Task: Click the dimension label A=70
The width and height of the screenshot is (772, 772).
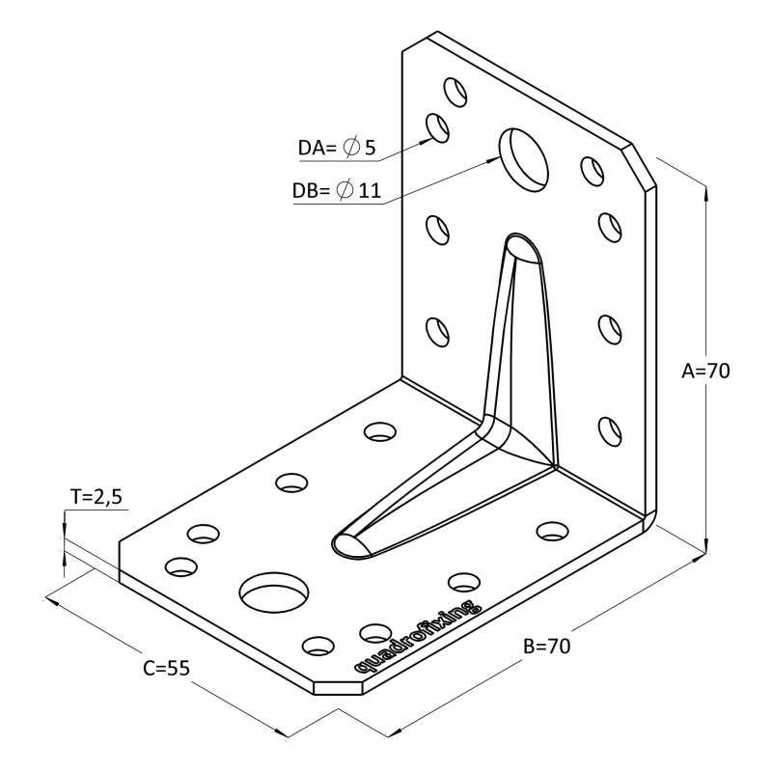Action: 704,371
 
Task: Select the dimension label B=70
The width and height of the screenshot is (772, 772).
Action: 546,647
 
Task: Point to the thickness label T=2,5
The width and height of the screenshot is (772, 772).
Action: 96,497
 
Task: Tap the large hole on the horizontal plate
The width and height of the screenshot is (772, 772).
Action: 276,591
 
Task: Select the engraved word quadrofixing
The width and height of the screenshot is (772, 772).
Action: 416,637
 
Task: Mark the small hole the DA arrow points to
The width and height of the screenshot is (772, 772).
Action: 439,127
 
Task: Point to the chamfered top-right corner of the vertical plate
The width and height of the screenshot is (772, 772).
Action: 643,164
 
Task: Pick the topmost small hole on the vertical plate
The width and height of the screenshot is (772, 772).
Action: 454,93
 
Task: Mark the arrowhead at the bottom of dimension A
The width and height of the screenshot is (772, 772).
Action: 707,546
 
